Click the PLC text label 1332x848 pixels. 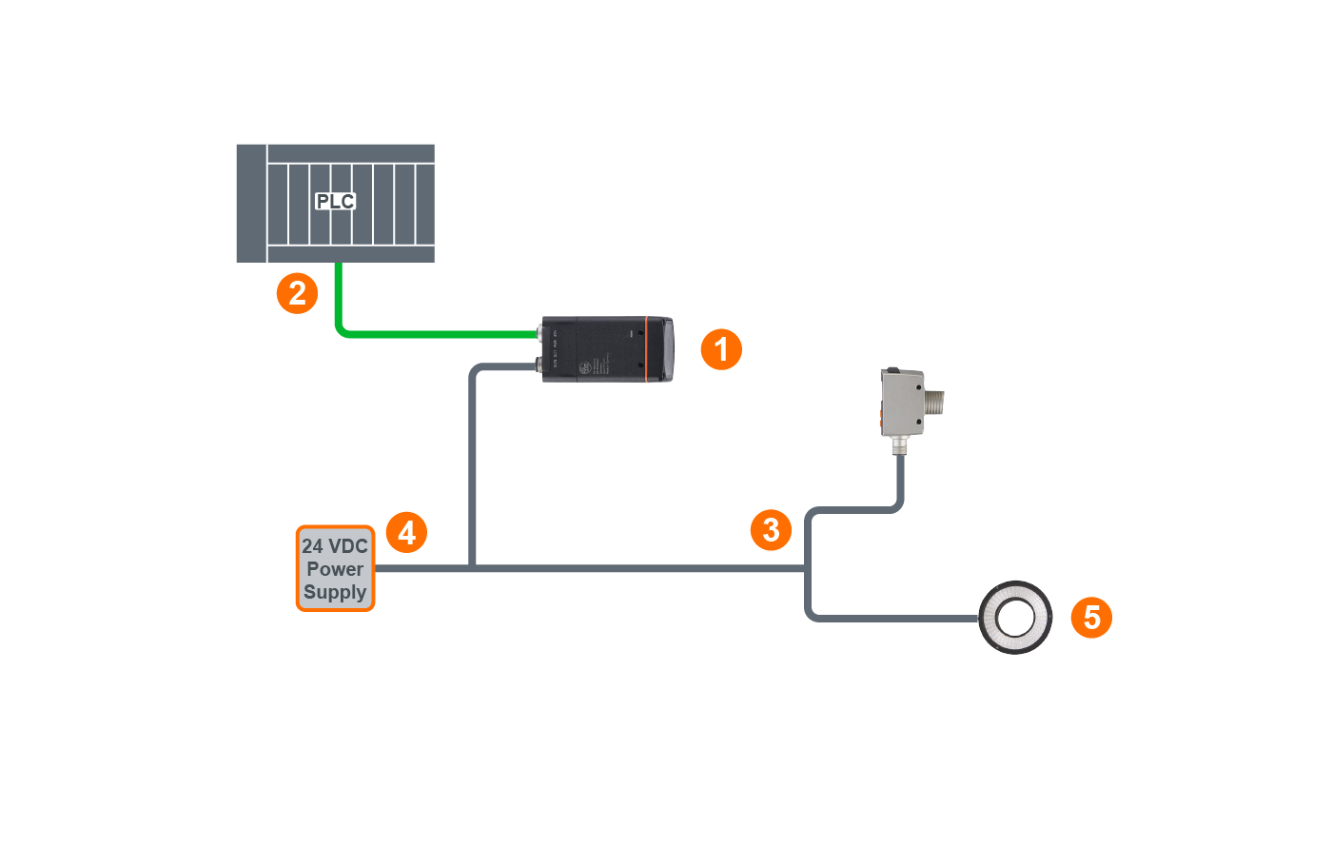(x=335, y=201)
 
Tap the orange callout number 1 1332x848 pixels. (x=721, y=349)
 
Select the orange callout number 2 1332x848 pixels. (x=297, y=293)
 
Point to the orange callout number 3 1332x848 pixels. (x=771, y=530)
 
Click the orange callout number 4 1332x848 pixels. (x=406, y=532)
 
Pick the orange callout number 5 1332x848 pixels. (x=1091, y=618)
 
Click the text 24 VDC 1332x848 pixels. (x=335, y=546)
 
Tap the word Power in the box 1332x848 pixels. (x=335, y=569)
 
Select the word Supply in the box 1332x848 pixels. (x=335, y=592)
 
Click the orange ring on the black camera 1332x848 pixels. (x=647, y=349)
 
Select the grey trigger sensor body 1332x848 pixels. (x=901, y=403)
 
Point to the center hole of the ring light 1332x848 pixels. (x=1016, y=618)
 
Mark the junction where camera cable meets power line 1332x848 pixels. (x=472, y=568)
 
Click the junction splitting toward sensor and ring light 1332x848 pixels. (x=808, y=568)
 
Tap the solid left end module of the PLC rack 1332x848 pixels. (x=251, y=203)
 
